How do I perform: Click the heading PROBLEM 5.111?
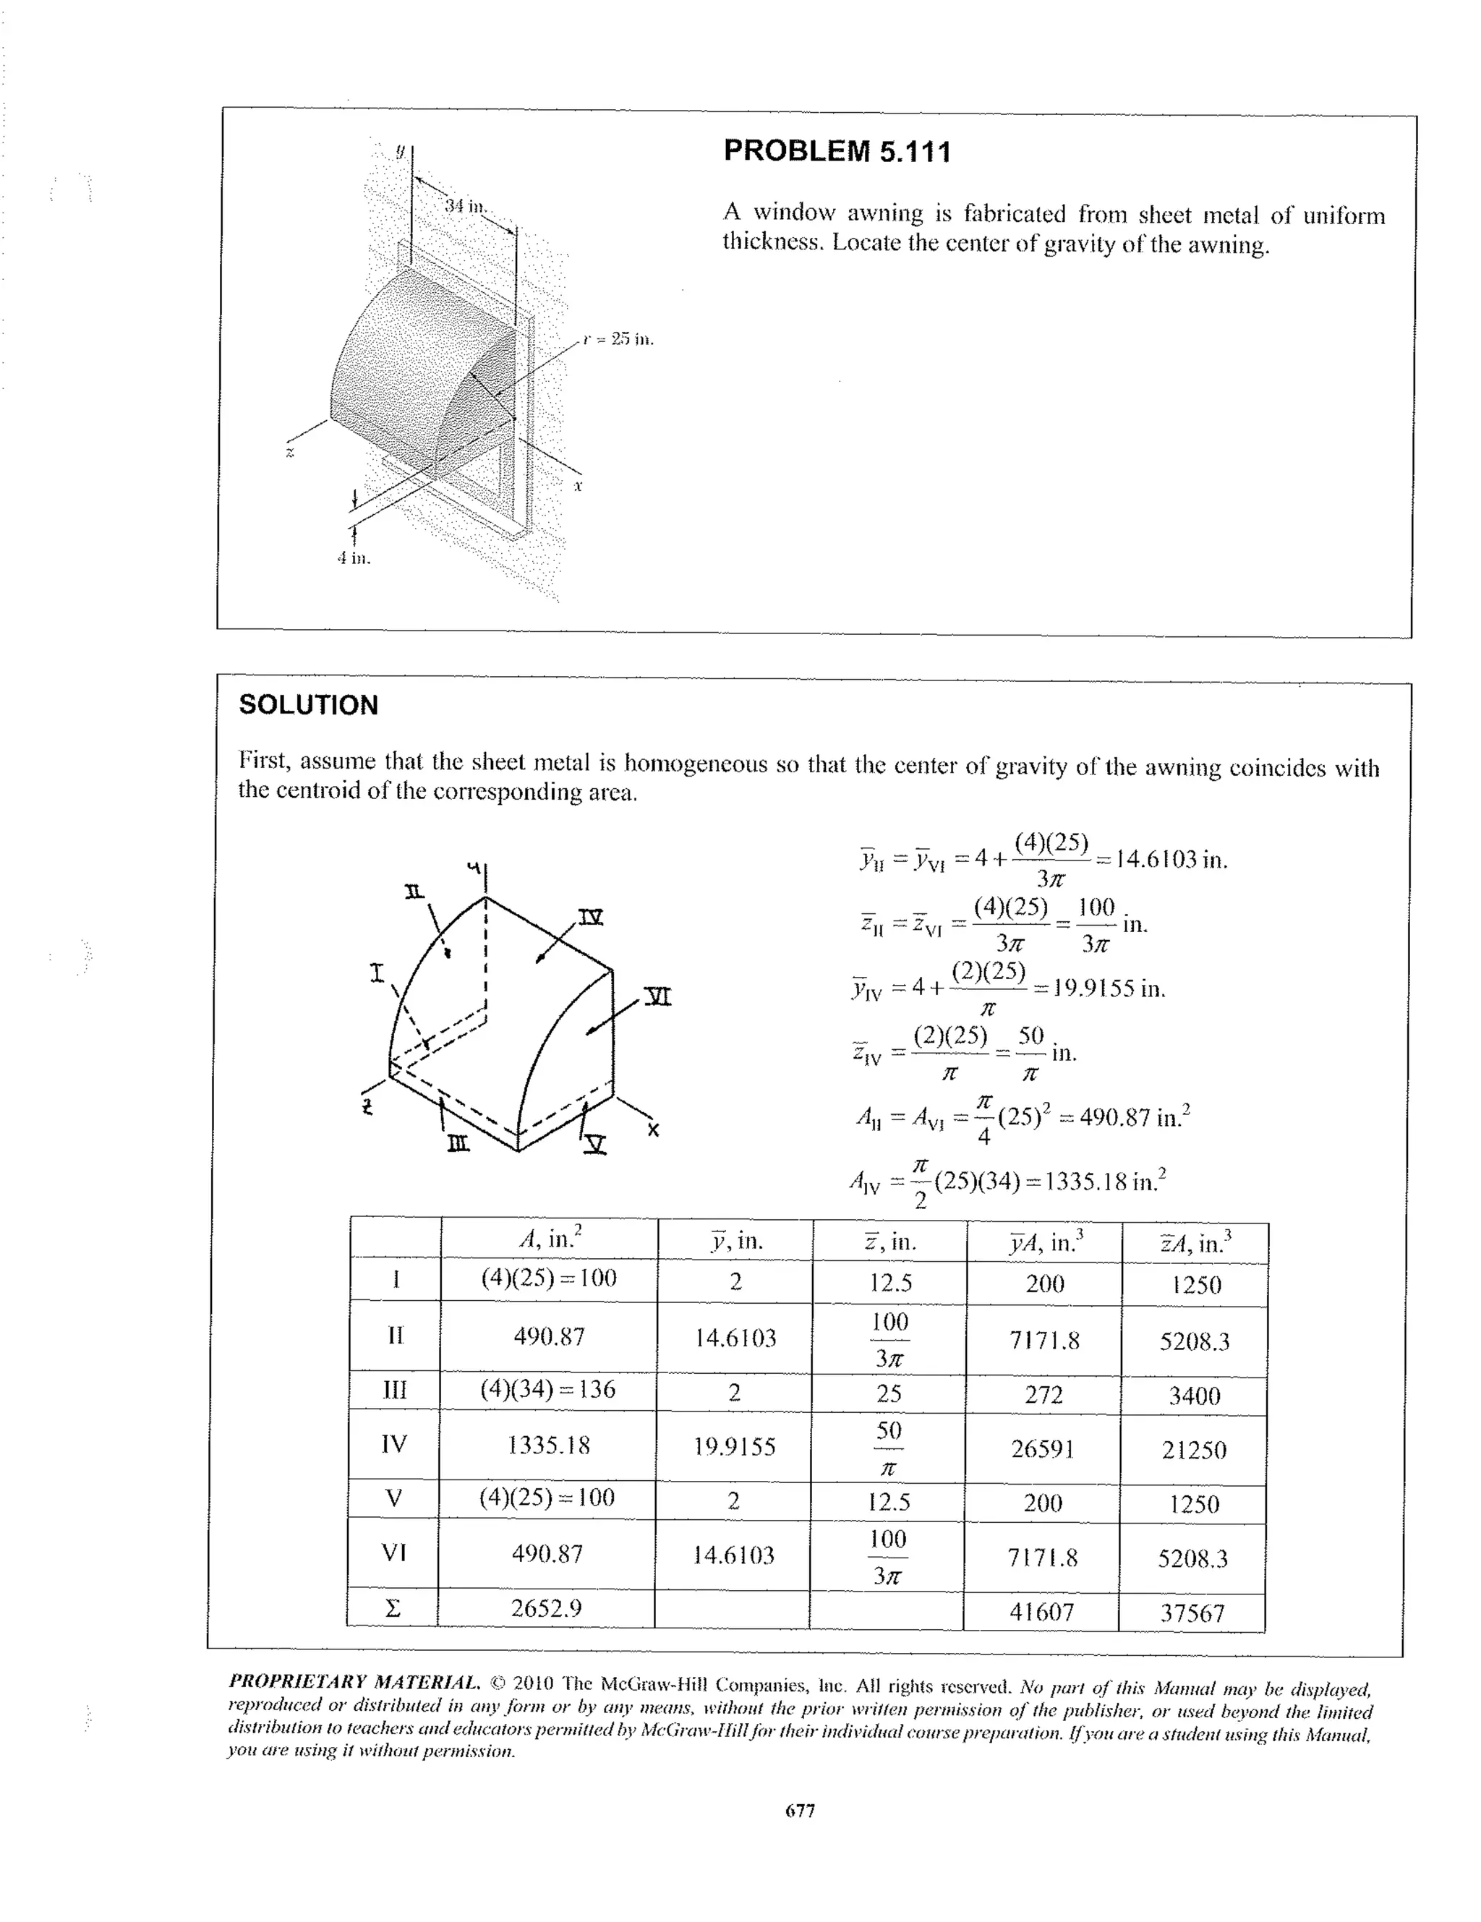click(837, 153)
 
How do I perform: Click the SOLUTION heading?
click(308, 705)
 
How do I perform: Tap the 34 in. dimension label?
click(465, 206)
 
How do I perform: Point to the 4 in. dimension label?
click(354, 558)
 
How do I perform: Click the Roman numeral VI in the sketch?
click(657, 997)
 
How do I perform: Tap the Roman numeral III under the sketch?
click(458, 1144)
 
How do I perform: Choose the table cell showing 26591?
click(1043, 1448)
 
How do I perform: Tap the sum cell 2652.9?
click(547, 1609)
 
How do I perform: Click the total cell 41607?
click(1041, 1613)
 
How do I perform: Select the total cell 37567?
click(1192, 1613)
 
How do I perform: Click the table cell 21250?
click(1193, 1449)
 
